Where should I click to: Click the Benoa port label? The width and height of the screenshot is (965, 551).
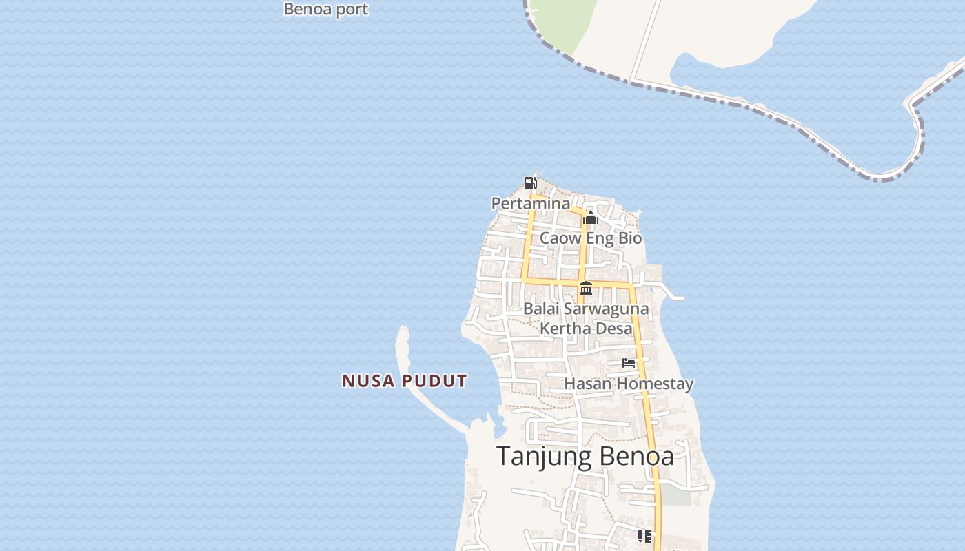[x=326, y=9]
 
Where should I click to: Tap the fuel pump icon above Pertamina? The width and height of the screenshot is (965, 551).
[x=530, y=183]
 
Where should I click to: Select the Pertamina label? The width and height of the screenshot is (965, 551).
[x=530, y=203]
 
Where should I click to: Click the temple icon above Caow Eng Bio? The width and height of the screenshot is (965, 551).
[x=590, y=218]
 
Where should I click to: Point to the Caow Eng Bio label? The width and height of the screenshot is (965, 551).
[x=590, y=238]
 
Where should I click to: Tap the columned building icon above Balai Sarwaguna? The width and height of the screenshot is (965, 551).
[x=586, y=288]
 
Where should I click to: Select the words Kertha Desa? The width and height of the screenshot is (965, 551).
[x=586, y=329]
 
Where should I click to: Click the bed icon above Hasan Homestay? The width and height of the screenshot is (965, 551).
[x=629, y=363]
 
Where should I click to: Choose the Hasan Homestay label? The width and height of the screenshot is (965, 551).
[x=629, y=384]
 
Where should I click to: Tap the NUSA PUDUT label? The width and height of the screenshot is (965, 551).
[x=405, y=381]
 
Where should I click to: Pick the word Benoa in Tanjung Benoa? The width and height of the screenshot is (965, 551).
[x=636, y=456]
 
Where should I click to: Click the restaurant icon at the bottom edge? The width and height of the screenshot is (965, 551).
[x=644, y=536]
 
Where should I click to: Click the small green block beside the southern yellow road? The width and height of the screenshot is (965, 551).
[x=675, y=497]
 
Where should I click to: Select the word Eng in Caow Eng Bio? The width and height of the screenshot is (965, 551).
[x=590, y=238]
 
